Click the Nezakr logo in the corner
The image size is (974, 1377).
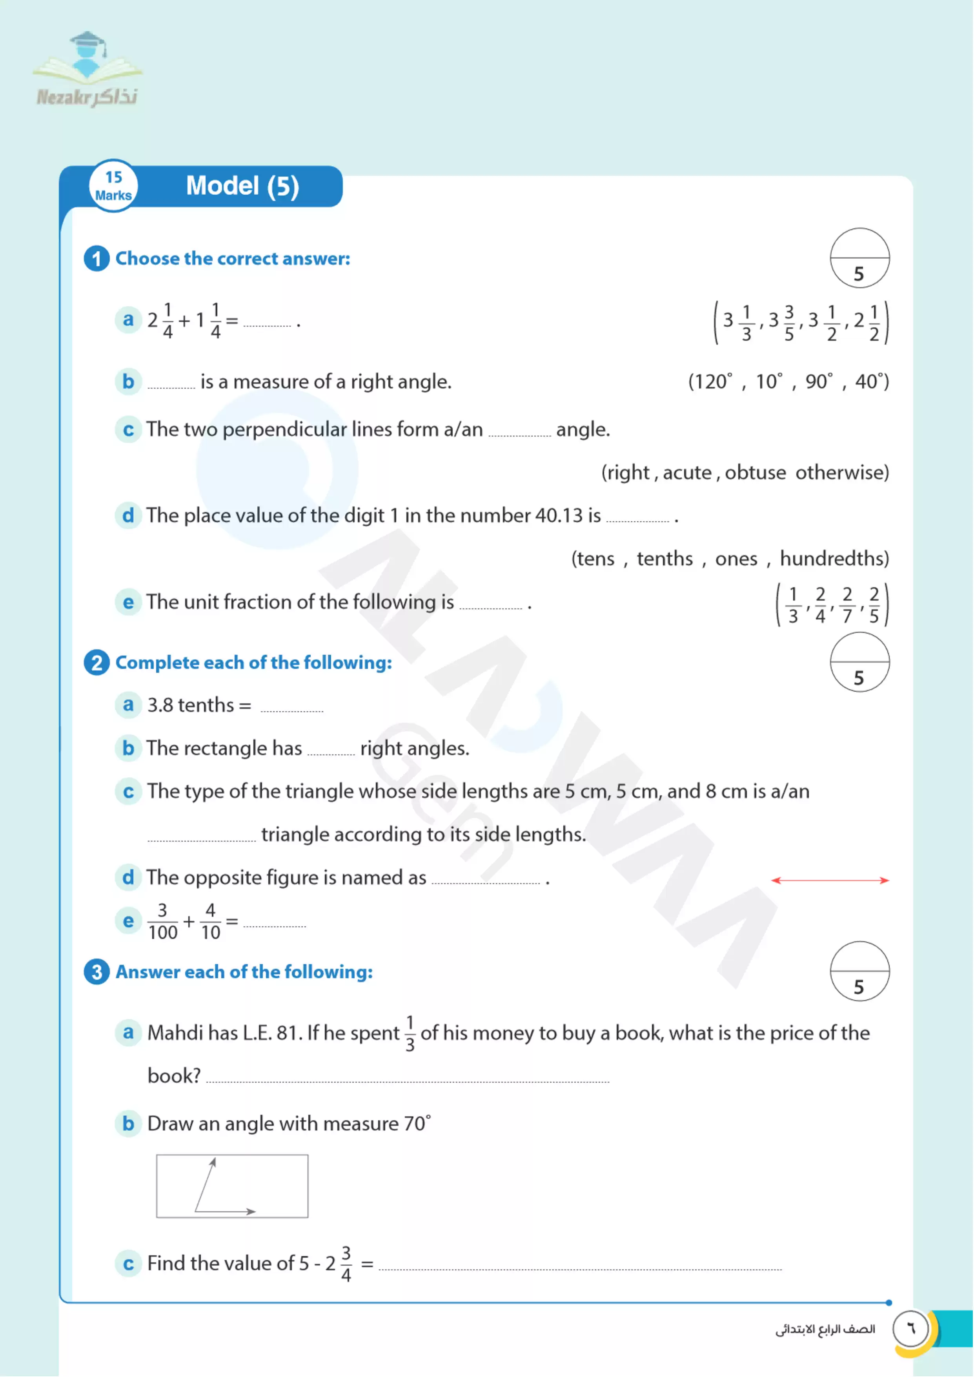point(87,69)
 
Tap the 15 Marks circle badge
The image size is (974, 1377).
point(113,186)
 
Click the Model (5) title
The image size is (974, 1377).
point(242,186)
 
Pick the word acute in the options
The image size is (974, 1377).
point(687,473)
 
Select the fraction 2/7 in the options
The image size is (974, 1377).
point(847,605)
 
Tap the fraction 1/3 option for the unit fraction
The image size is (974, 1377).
point(793,605)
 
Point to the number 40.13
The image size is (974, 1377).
point(558,515)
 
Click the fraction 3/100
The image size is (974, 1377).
point(162,921)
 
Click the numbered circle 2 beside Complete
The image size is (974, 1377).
point(96,663)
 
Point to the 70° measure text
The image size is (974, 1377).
point(417,1123)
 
